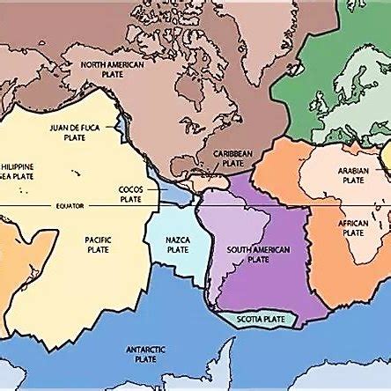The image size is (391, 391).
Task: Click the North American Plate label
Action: click(113, 69)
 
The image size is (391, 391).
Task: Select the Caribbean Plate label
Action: click(233, 158)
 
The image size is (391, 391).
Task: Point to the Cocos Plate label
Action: click(132, 195)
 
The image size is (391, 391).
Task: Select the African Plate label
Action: click(353, 228)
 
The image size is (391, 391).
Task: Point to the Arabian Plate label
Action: click(353, 175)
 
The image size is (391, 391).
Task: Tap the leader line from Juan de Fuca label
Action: click(114, 127)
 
